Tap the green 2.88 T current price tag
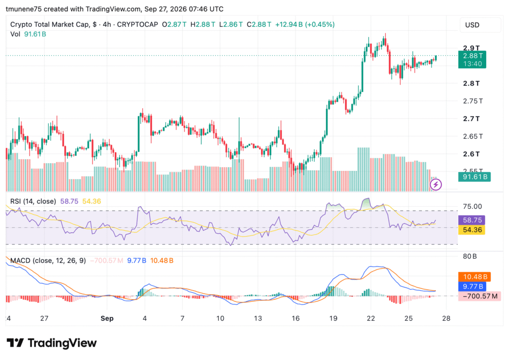tap(472, 59)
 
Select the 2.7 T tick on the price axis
tap(471, 119)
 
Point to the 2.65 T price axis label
tap(473, 136)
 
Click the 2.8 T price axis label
tap(471, 84)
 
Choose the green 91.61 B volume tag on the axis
tap(474, 177)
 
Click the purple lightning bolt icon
tap(435, 184)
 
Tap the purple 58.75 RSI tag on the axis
tap(471, 220)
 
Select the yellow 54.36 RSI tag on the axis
tap(471, 230)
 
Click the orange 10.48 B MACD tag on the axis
tap(474, 277)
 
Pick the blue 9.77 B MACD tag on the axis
tap(472, 286)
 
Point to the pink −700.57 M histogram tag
tap(480, 296)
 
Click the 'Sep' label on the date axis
tap(107, 318)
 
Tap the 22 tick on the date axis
tap(371, 318)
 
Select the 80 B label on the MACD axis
tap(470, 257)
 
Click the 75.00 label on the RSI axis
tap(472, 206)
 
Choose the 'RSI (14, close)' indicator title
tap(33, 201)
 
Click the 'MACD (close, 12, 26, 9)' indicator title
tap(48, 261)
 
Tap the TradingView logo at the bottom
tap(52, 343)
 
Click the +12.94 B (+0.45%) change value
tap(305, 24)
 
